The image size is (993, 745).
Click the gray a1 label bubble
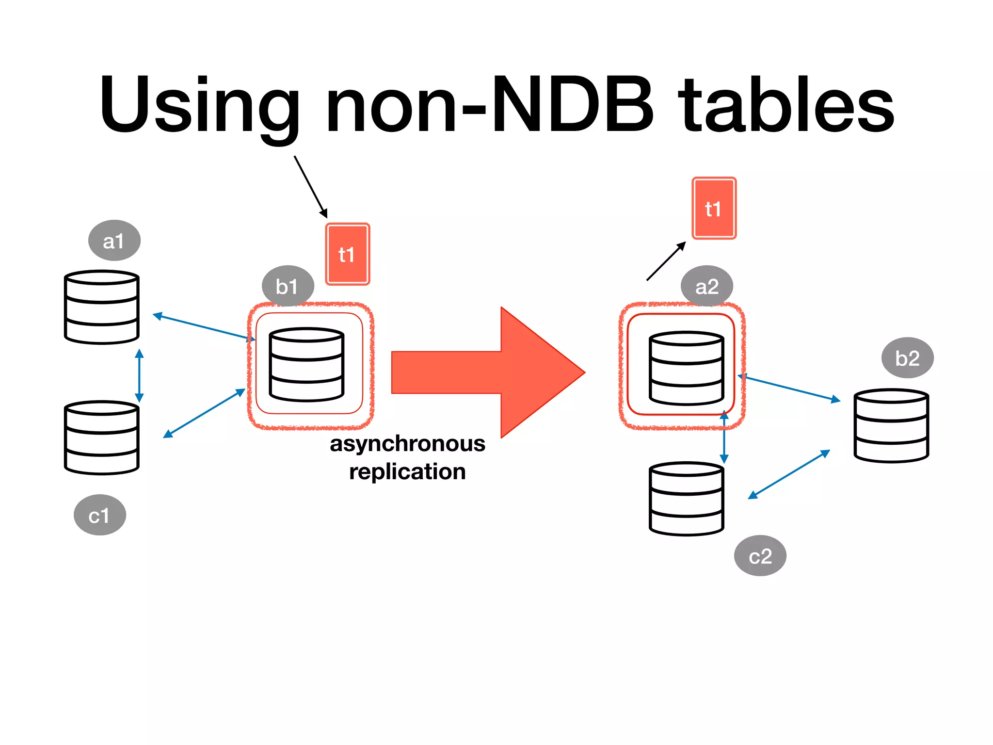pos(114,241)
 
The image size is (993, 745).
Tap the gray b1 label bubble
pos(288,286)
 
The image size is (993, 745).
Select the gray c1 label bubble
pos(99,515)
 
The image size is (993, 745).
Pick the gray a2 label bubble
pos(706,286)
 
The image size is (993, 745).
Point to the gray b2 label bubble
pos(907,358)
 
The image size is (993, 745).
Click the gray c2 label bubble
pos(760,556)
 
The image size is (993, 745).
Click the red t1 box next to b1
pos(347,254)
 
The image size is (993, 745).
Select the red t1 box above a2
pos(714,208)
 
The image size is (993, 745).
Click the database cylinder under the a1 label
pos(102,308)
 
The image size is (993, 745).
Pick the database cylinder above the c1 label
pos(102,437)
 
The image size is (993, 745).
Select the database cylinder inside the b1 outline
pos(306,365)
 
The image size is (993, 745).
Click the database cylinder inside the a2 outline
pos(686,368)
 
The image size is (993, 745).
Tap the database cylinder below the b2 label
pos(891,425)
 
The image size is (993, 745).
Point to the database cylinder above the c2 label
pos(686,499)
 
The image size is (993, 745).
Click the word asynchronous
pos(407,444)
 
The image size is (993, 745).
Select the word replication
pos(407,471)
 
